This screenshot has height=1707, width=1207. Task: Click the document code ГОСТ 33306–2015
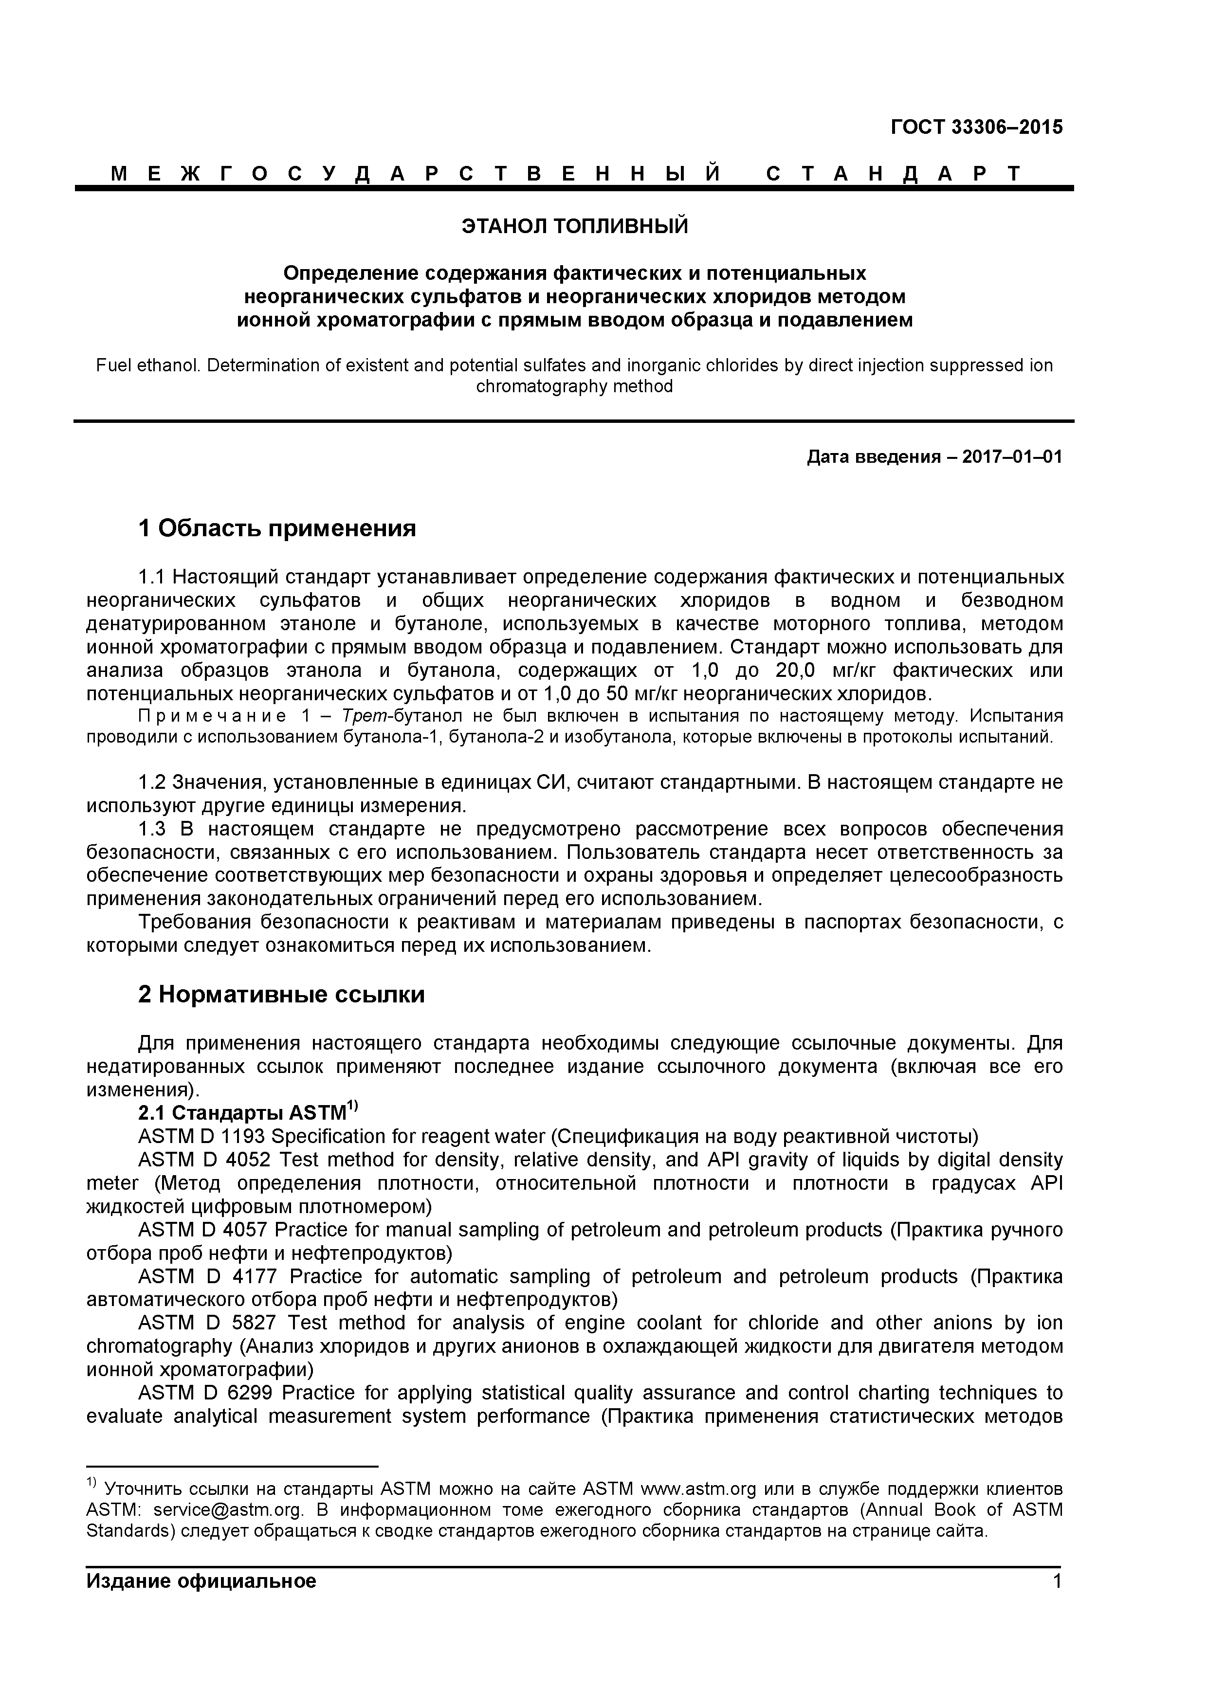pyautogui.click(x=976, y=127)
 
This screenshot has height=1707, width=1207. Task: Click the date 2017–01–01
pyautogui.click(x=1012, y=456)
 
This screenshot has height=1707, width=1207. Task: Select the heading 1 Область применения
pyautogui.click(x=276, y=528)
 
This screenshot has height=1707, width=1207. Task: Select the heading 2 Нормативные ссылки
pyautogui.click(x=281, y=994)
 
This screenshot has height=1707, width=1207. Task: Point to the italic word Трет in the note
pyautogui.click(x=363, y=716)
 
